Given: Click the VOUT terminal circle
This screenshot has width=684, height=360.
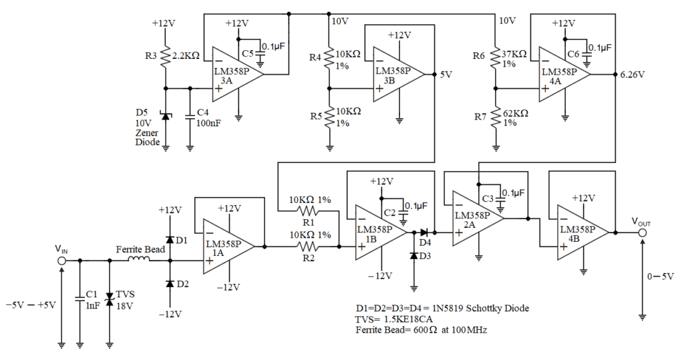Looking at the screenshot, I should click(643, 233).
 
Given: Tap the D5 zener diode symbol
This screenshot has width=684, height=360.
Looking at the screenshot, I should click(165, 118).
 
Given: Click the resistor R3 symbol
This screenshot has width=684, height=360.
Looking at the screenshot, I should click(165, 57).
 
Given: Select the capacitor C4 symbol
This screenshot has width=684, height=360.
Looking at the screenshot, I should click(190, 114).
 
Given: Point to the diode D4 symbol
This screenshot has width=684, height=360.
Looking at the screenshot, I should click(424, 232).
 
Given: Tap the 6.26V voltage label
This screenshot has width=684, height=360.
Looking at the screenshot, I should click(632, 75).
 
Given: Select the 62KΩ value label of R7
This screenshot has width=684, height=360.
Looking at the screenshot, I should click(515, 114).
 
